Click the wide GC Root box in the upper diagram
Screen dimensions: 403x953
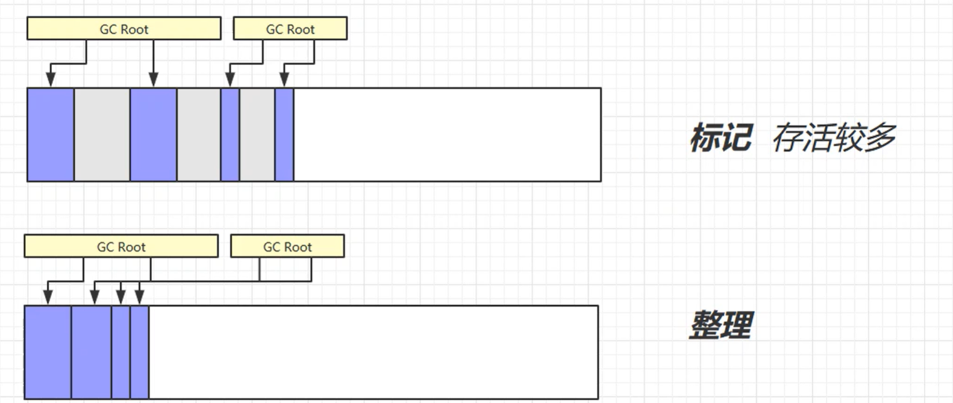(x=123, y=28)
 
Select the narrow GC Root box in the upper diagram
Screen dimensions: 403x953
(x=290, y=28)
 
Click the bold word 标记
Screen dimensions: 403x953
(x=720, y=137)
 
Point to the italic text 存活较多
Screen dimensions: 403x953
(x=834, y=137)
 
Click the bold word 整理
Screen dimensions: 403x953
(x=720, y=325)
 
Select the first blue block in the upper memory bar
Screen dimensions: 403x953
(x=51, y=134)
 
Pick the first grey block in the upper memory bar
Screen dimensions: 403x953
(x=102, y=134)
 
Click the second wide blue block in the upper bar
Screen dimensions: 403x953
(x=153, y=134)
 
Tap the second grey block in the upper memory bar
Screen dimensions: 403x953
(x=199, y=134)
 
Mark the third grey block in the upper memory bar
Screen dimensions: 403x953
(x=257, y=134)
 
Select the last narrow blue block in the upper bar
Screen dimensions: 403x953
(x=284, y=134)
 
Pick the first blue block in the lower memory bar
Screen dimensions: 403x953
(x=48, y=352)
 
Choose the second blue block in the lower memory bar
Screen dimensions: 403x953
(x=92, y=352)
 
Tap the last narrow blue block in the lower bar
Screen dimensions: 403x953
(x=139, y=352)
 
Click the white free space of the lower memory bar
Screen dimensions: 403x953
(x=373, y=352)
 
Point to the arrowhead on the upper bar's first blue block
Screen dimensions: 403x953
(x=51, y=80)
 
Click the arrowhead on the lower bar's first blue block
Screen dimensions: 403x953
(x=48, y=297)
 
